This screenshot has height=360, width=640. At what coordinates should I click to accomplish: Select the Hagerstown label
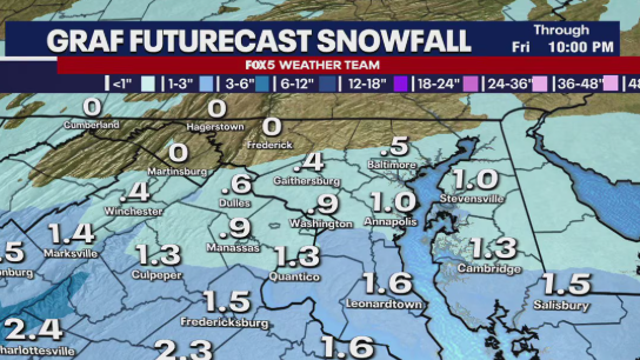(x=216, y=127)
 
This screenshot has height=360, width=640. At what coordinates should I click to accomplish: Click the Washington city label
(x=321, y=223)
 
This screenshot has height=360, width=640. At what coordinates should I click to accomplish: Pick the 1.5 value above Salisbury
(x=565, y=285)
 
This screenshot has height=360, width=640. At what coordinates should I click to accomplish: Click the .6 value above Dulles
(x=237, y=185)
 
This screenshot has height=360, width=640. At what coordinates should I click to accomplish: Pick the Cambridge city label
(x=489, y=269)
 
